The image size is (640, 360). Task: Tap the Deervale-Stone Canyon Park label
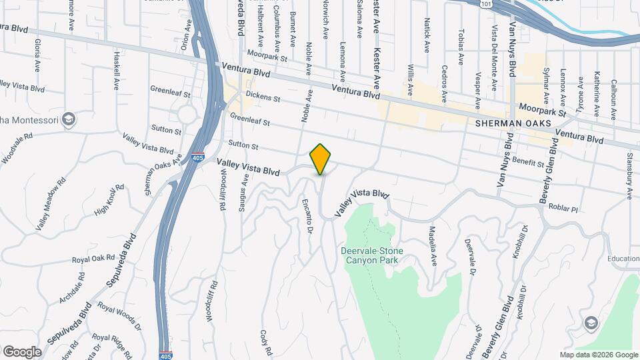(x=373, y=256)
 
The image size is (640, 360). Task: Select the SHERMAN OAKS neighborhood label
(x=513, y=124)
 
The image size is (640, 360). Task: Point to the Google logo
(x=22, y=351)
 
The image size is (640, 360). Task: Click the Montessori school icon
(x=68, y=120)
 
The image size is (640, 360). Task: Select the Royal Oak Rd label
(x=94, y=259)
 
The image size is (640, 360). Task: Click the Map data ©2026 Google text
(x=598, y=355)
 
